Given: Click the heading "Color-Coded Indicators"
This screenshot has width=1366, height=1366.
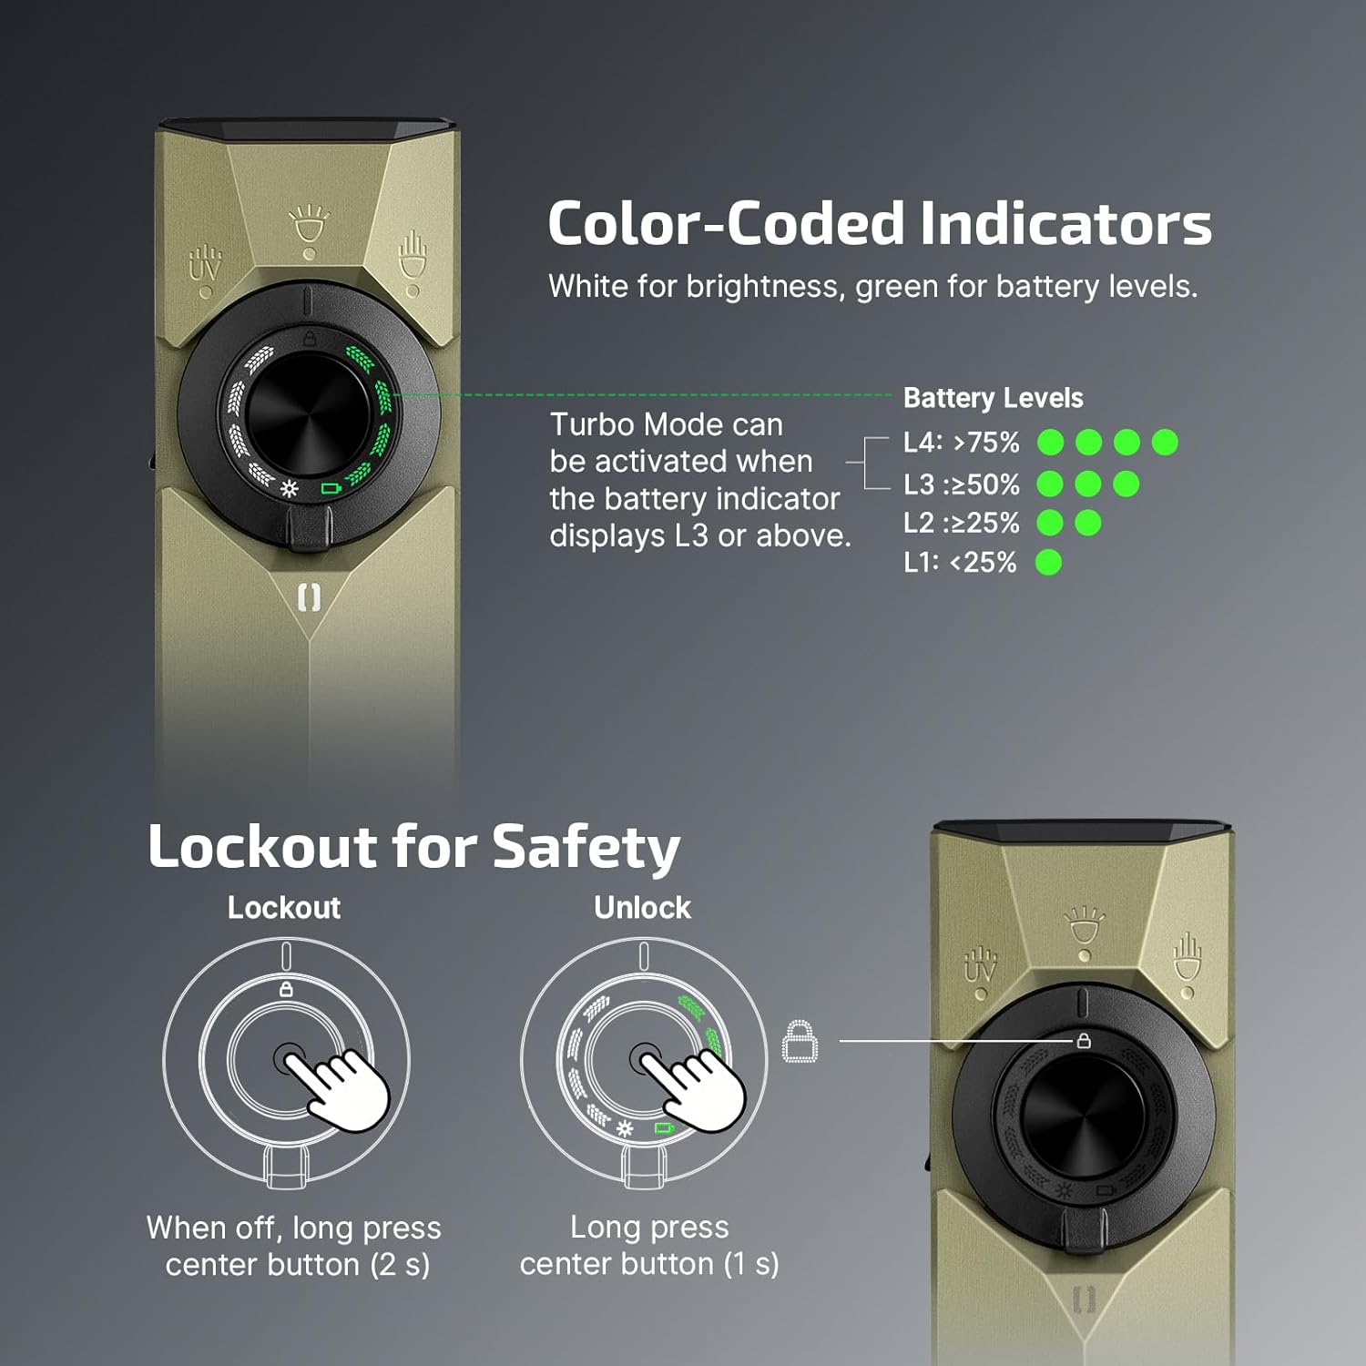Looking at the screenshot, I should point(879,224).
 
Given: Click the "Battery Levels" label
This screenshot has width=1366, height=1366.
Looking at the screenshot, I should point(993,398).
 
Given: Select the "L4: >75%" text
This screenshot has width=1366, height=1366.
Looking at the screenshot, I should point(961,443).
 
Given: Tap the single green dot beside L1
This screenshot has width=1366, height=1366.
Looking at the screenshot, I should point(1049,563).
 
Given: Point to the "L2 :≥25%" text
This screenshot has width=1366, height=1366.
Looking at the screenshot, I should point(961,524).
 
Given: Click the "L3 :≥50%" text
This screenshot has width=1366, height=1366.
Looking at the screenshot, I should point(961,484).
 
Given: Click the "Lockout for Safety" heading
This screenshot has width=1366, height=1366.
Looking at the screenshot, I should point(413,847).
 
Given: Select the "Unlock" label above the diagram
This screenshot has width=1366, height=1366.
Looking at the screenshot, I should point(642,908).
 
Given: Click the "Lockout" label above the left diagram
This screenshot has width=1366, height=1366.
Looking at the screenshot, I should point(284,908).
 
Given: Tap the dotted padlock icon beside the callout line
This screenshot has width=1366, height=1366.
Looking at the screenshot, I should point(800,1041).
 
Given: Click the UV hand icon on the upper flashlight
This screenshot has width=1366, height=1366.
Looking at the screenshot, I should point(205,264).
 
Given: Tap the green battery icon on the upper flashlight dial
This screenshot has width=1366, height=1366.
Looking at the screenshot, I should point(331,489).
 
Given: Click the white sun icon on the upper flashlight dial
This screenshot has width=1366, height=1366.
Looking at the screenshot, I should point(289,489).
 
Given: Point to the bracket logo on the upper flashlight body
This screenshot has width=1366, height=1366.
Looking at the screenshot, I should point(310,598).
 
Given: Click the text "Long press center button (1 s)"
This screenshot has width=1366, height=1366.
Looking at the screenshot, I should point(649,1245).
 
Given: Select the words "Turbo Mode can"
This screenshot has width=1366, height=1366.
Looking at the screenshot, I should point(666,424).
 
